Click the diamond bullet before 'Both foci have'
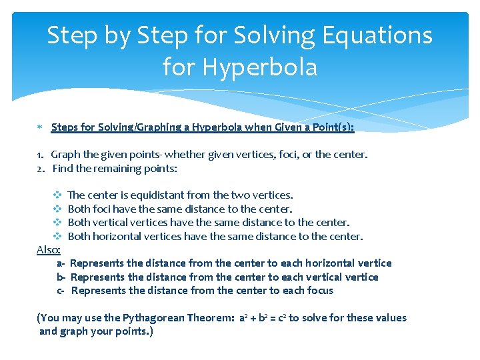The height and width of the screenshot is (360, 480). coord(57,209)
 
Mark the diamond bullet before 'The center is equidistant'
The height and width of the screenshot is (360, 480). coord(57,195)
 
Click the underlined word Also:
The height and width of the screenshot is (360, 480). coord(49,249)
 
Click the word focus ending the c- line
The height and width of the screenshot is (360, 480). coord(318,291)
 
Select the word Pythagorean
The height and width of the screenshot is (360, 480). coord(146,318)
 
